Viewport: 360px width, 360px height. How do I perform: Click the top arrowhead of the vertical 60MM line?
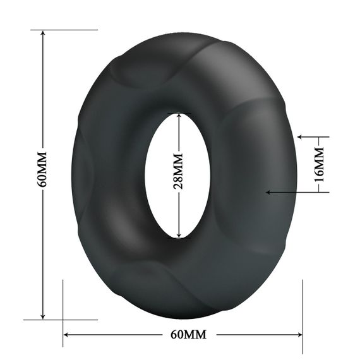click(x=43, y=33)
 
